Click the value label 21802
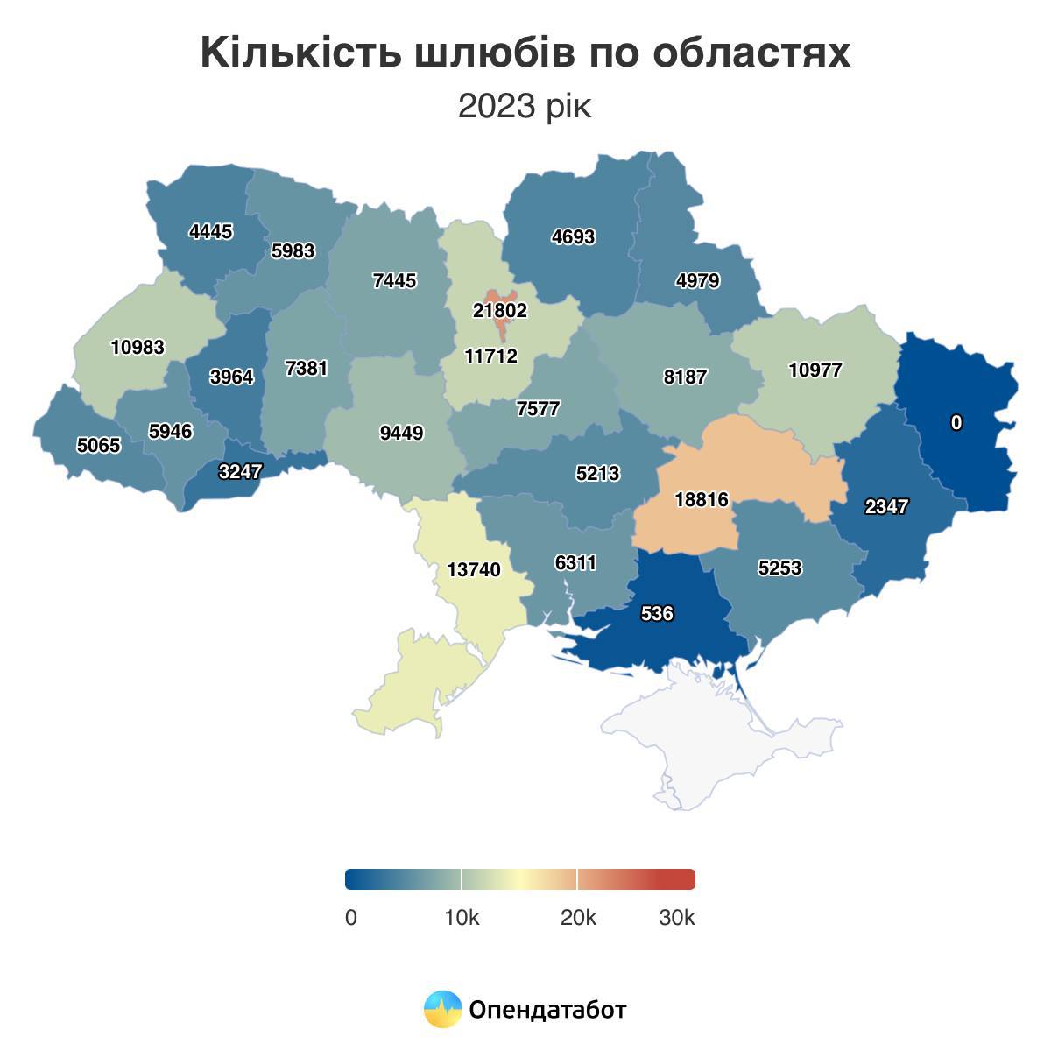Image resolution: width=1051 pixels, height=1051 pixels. click(500, 311)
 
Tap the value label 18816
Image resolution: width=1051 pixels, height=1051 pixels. click(702, 500)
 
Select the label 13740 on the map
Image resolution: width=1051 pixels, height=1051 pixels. click(474, 570)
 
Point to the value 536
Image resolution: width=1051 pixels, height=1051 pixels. click(657, 614)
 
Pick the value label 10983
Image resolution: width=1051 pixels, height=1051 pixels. click(138, 348)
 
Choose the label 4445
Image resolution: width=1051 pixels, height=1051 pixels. click(211, 232)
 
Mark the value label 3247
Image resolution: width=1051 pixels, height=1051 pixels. click(240, 472)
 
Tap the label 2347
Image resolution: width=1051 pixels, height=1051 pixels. click(886, 507)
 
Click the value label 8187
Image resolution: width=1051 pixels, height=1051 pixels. click(685, 377)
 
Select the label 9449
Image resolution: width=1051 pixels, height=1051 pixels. click(402, 433)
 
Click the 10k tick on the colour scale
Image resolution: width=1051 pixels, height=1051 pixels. click(462, 918)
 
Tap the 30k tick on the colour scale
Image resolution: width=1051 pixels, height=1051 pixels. click(677, 918)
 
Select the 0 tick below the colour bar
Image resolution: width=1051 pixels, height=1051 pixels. click(351, 918)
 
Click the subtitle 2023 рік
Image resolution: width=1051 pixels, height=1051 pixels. click(525, 107)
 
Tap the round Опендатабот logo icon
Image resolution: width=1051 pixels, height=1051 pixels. click(442, 1010)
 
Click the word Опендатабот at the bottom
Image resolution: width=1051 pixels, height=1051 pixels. click(548, 1010)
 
